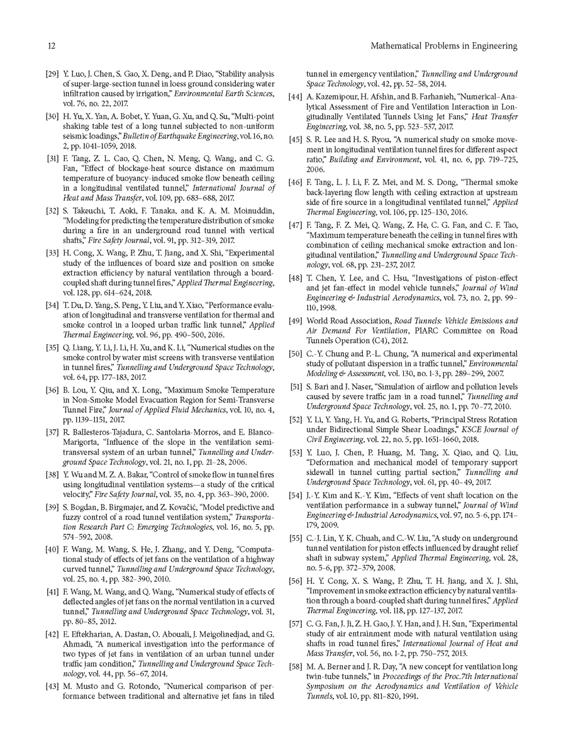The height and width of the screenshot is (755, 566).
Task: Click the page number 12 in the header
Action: (52, 46)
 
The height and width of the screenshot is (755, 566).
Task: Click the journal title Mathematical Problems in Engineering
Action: (443, 46)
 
